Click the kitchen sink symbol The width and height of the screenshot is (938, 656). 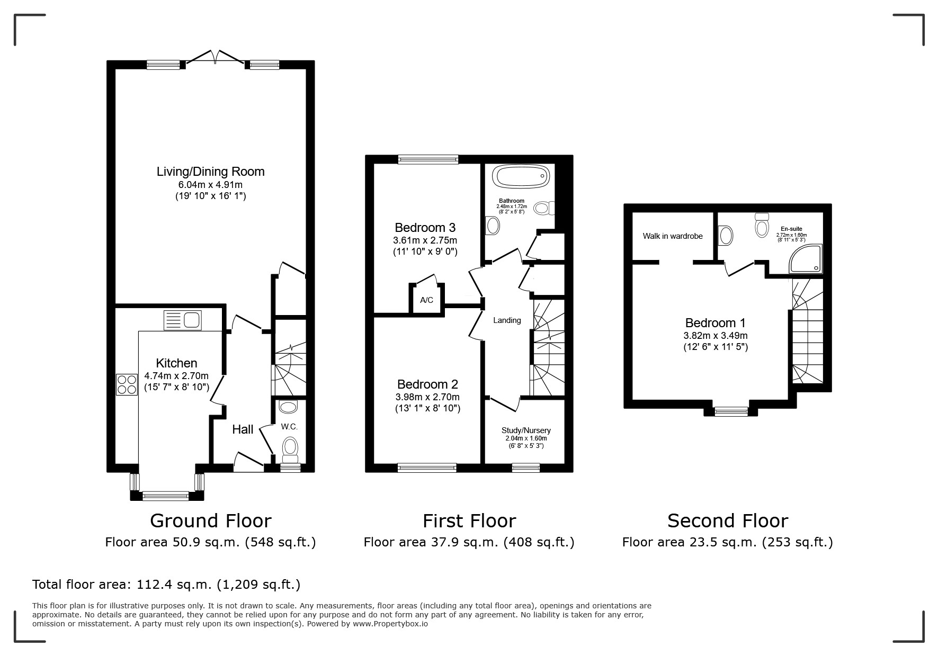pyautogui.click(x=183, y=320)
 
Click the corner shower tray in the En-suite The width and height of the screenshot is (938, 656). pyautogui.click(x=806, y=259)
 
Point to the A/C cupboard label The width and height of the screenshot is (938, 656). pyautogui.click(x=426, y=300)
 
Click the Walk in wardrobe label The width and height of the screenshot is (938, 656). pyautogui.click(x=673, y=236)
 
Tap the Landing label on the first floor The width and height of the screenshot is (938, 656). pyautogui.click(x=507, y=320)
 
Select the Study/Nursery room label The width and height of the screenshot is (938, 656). pyautogui.click(x=526, y=430)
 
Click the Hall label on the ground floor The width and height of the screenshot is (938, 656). pyautogui.click(x=243, y=429)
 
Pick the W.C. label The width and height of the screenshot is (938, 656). pyautogui.click(x=289, y=427)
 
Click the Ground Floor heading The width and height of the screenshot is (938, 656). pyautogui.click(x=211, y=521)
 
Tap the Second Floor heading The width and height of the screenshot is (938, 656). pyautogui.click(x=728, y=521)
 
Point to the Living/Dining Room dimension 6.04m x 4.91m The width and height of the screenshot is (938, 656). pyautogui.click(x=211, y=185)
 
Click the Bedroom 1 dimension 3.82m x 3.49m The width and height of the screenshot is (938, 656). pyautogui.click(x=716, y=336)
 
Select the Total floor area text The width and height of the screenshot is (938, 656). pyautogui.click(x=166, y=585)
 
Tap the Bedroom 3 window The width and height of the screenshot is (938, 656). pyautogui.click(x=428, y=159)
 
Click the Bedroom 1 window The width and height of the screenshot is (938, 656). pyautogui.click(x=731, y=411)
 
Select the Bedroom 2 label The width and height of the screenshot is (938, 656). pyautogui.click(x=427, y=384)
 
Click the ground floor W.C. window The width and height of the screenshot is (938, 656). pyautogui.click(x=290, y=468)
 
